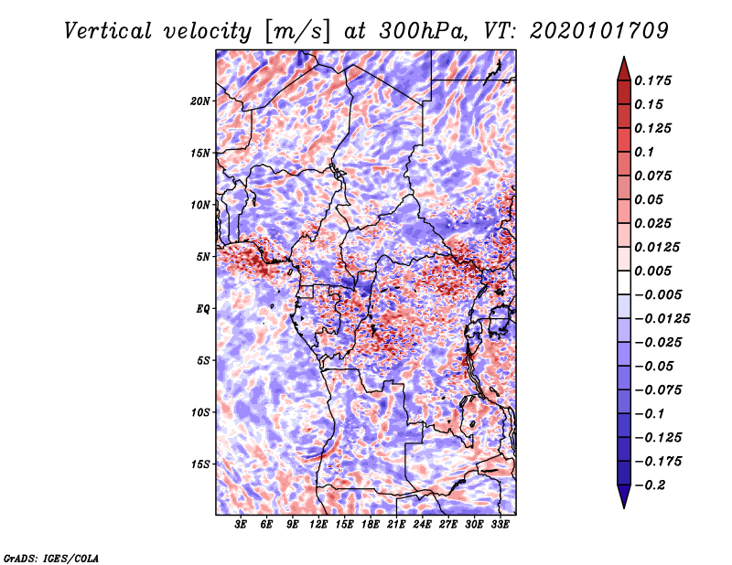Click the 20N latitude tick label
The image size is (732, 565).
200,101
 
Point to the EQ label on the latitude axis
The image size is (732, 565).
202,309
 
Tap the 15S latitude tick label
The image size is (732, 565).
200,464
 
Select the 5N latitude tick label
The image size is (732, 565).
203,257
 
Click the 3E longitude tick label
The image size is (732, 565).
241,525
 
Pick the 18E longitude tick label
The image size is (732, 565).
371,525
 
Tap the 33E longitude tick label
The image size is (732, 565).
500,525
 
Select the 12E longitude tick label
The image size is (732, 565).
318,525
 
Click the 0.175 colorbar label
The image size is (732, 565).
652,80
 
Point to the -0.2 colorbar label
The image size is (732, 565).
650,485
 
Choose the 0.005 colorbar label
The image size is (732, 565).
652,271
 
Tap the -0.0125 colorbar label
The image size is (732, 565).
662,319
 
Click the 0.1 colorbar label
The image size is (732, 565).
644,152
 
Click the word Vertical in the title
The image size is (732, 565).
108,31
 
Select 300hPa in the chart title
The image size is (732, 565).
423,31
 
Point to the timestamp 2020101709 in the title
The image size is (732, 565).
599,31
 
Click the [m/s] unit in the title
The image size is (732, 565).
297,32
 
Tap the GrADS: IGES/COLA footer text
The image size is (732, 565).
51,559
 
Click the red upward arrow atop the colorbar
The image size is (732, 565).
624,69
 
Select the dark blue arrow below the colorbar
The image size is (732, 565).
624,496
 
